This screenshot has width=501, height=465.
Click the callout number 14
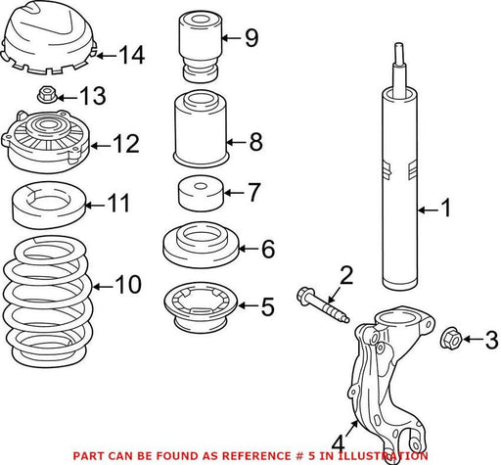click(x=132, y=55)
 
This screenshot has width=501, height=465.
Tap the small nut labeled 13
click(x=46, y=94)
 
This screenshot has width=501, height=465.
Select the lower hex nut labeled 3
click(x=450, y=338)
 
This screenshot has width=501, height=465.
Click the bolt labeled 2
click(x=323, y=304)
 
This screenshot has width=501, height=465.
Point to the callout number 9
click(x=251, y=38)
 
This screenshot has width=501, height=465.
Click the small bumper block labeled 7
click(x=201, y=193)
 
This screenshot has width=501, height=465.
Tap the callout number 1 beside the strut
click(x=446, y=208)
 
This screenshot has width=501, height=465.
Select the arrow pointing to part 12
click(x=101, y=146)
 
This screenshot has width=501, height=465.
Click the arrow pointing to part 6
click(x=250, y=249)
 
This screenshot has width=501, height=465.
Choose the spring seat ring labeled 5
click(x=201, y=307)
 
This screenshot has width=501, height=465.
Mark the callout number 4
click(x=338, y=443)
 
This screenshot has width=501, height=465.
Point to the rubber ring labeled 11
click(x=49, y=205)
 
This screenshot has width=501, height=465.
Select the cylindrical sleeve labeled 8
click(x=201, y=128)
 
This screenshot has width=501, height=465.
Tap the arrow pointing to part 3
click(x=473, y=340)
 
